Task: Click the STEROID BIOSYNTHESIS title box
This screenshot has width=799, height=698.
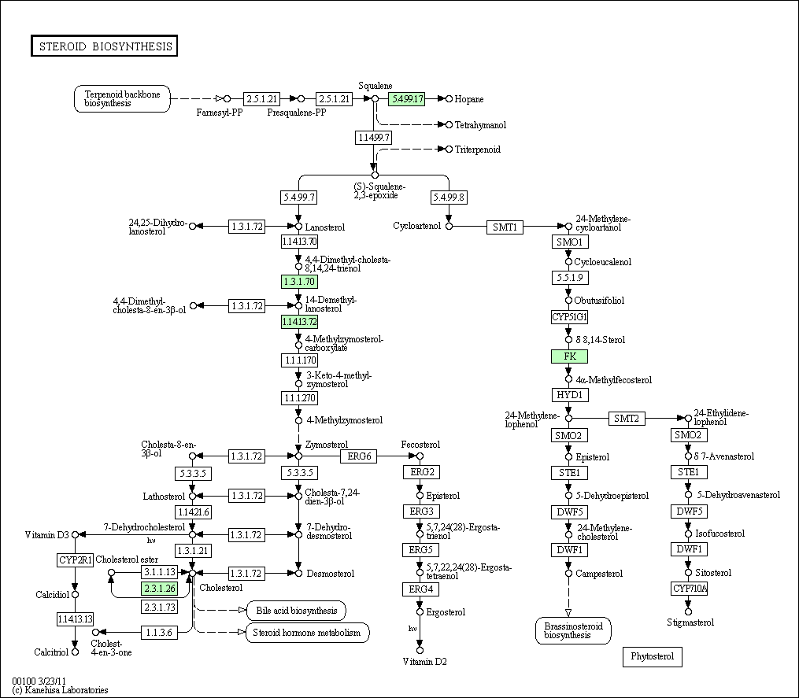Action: click(x=104, y=46)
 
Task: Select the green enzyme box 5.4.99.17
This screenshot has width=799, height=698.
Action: click(x=406, y=98)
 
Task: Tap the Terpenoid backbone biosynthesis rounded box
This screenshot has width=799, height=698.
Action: click(x=122, y=99)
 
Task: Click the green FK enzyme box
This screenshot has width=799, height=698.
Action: click(x=569, y=356)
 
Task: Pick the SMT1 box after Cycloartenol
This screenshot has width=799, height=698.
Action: click(x=505, y=227)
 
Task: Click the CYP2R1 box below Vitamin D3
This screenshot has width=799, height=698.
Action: click(x=76, y=560)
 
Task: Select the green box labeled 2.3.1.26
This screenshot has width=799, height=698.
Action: click(x=158, y=588)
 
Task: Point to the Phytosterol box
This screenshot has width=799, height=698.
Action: click(x=653, y=656)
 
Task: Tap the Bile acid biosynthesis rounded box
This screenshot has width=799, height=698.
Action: click(x=296, y=611)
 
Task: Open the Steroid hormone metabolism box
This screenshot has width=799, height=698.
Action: click(x=307, y=633)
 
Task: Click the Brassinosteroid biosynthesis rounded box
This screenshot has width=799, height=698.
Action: click(x=573, y=630)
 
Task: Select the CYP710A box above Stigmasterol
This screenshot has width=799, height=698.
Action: click(x=689, y=588)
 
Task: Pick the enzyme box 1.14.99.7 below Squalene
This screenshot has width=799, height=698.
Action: click(x=374, y=138)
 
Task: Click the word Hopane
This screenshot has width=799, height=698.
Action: click(x=469, y=99)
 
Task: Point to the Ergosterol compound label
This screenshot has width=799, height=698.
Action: click(x=446, y=612)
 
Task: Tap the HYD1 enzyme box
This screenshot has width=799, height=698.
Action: click(x=569, y=394)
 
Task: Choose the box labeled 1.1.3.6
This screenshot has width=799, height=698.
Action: click(x=158, y=632)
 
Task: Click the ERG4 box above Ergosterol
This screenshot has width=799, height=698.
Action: click(x=420, y=589)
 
